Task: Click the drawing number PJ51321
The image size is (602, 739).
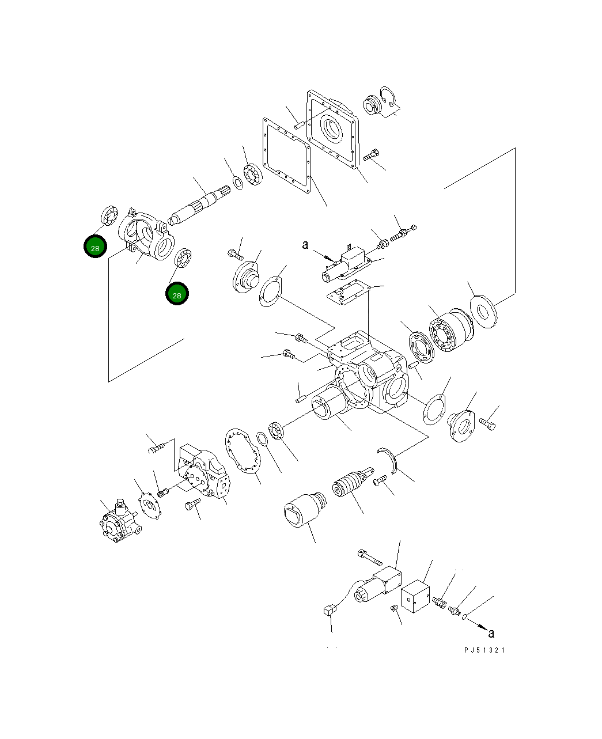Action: (484, 650)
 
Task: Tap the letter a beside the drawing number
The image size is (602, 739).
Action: (491, 634)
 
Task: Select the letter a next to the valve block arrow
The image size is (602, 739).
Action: (306, 245)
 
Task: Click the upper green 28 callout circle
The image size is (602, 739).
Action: (95, 247)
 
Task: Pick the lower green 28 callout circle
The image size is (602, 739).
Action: (177, 294)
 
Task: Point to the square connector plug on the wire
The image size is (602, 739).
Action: (330, 610)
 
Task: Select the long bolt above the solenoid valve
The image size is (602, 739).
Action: (369, 556)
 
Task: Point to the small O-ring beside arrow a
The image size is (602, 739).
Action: (464, 617)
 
